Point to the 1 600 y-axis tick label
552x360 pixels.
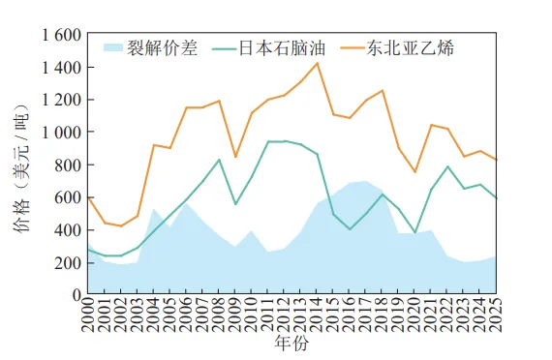60,35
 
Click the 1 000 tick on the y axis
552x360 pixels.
60,133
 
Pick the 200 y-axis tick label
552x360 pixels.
68,262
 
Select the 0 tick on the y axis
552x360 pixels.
76,294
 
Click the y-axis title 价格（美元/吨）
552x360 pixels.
24,165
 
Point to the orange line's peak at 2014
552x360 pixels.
317,63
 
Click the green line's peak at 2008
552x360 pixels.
219,160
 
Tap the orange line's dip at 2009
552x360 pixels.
235,156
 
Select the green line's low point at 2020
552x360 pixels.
414,232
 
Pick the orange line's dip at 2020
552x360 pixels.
414,172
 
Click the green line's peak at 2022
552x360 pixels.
447,166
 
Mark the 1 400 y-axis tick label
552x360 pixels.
60,68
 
